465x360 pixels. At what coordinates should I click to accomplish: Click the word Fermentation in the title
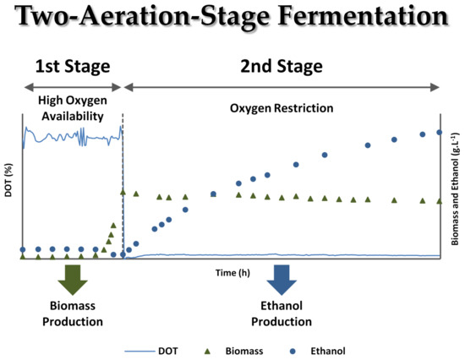(363, 16)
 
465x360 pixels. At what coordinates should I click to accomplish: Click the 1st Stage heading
(73, 67)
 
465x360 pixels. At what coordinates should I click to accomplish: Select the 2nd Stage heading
(282, 67)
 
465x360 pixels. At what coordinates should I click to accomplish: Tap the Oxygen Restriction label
(282, 108)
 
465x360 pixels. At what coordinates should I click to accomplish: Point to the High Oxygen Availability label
(73, 108)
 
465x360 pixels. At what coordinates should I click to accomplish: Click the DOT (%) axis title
(8, 180)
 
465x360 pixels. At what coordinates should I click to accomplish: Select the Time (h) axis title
(232, 272)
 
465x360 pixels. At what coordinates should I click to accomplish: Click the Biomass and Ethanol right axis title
(455, 189)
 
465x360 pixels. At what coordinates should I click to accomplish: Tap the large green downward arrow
(73, 280)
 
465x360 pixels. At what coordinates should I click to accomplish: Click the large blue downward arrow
(282, 280)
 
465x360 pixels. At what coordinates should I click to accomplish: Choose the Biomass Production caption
(73, 314)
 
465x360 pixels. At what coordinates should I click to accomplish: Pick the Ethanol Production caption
(282, 314)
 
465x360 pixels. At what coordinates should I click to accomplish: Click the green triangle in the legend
(208, 352)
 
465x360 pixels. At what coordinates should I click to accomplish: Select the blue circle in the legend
(293, 352)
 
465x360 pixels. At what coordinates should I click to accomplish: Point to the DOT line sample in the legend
(139, 352)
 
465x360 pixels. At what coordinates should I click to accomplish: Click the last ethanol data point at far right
(440, 133)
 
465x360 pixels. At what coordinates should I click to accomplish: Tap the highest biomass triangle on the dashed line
(123, 193)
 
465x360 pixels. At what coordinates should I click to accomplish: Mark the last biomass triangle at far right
(440, 201)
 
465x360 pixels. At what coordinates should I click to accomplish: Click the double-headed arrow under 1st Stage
(73, 87)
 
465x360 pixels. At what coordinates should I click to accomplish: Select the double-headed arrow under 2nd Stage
(282, 87)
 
